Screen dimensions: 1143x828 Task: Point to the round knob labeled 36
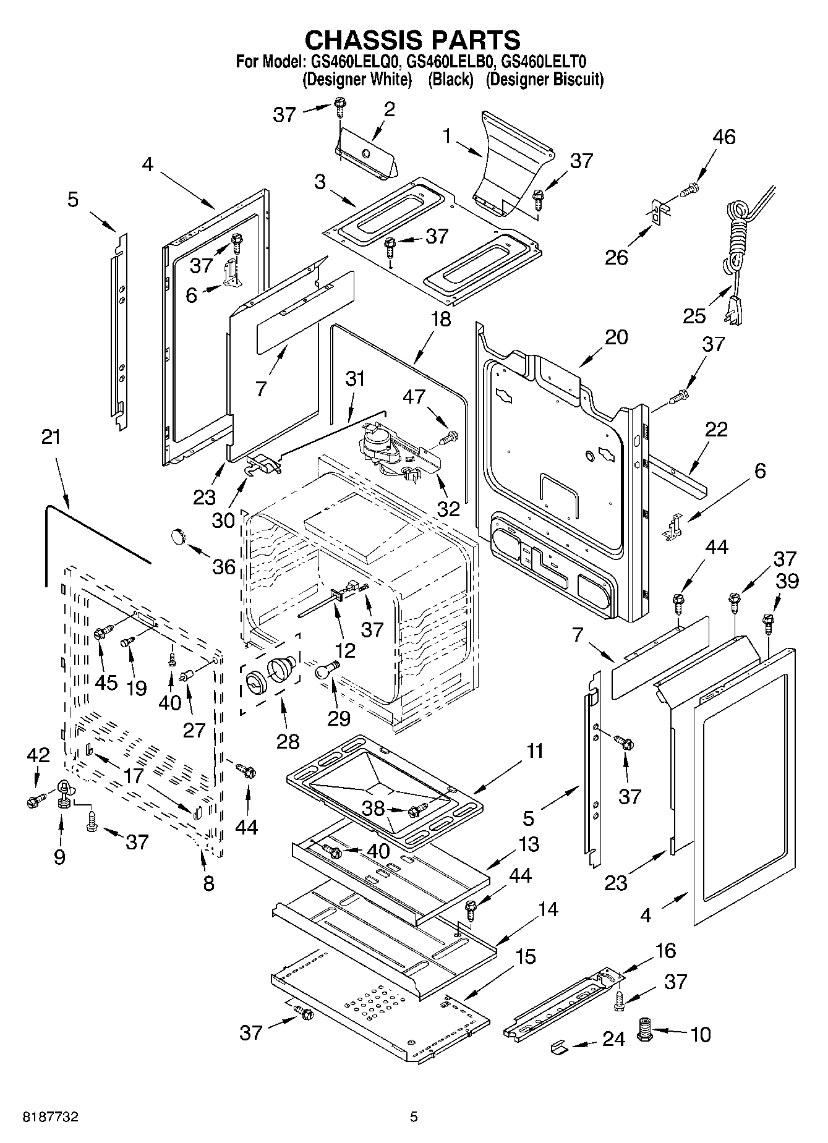tap(179, 535)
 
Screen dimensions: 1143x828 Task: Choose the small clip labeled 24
tap(559, 1047)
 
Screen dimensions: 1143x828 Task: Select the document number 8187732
tap(51, 1117)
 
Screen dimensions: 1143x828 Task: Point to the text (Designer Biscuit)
tap(544, 80)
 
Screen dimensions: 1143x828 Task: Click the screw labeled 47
tap(449, 438)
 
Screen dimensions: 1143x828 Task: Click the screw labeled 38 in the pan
tap(417, 810)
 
